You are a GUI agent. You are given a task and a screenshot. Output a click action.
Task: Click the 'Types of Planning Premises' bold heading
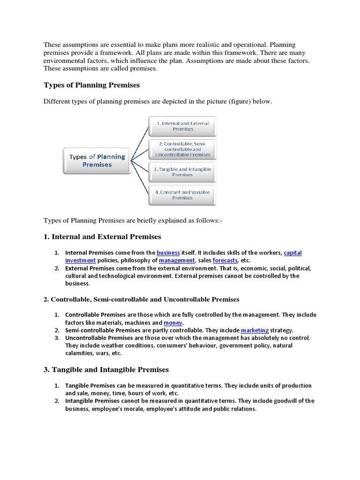(91, 85)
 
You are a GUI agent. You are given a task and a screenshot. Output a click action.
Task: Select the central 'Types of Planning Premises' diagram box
(97, 161)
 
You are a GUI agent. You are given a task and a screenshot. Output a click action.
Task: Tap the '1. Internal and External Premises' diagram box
(182, 126)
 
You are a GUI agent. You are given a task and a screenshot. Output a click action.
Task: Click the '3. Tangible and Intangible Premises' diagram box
(182, 172)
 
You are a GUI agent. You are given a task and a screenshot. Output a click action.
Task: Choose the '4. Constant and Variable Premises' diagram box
(182, 195)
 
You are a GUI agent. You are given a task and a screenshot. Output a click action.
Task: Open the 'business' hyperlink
(168, 252)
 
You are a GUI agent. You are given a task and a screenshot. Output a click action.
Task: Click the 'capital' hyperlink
(293, 252)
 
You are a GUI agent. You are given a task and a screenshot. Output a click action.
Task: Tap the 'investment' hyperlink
(80, 260)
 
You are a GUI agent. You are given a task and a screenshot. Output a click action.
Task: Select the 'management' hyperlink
(177, 260)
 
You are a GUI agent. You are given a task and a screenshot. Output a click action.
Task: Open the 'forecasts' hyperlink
(225, 260)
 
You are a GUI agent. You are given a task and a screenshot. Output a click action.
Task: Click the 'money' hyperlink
(173, 323)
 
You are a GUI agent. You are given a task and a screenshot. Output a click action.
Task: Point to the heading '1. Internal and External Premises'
(102, 237)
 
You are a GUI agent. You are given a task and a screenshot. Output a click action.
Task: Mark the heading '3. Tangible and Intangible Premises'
(106, 370)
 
